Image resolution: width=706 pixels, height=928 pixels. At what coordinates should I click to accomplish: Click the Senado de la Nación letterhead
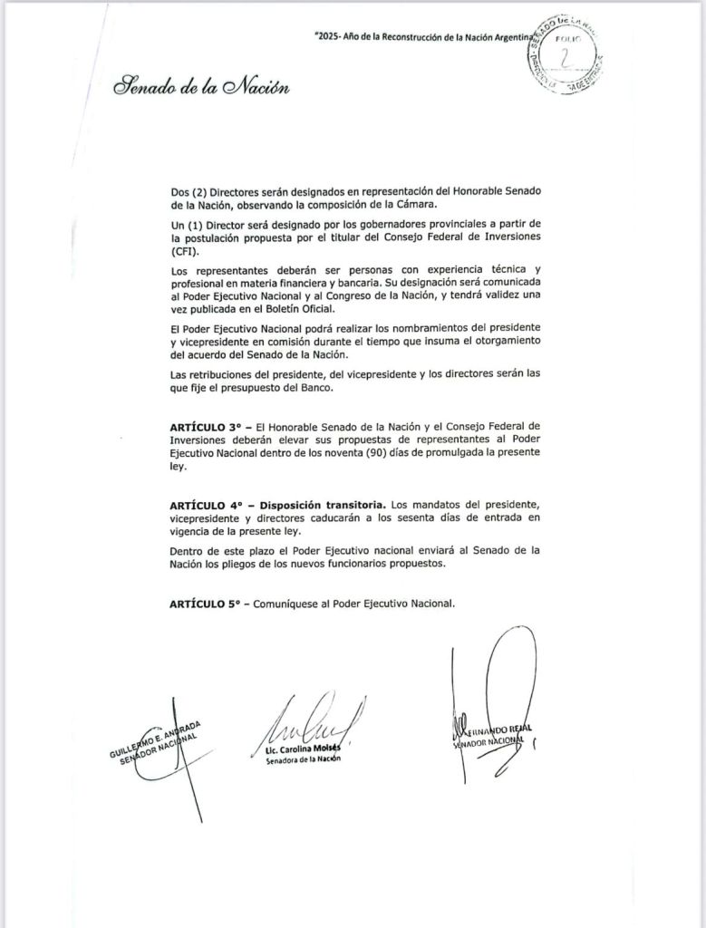201,88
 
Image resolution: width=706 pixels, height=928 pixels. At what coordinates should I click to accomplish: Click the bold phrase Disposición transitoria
323,503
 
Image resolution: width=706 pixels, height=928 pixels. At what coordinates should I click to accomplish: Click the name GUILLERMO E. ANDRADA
159,736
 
